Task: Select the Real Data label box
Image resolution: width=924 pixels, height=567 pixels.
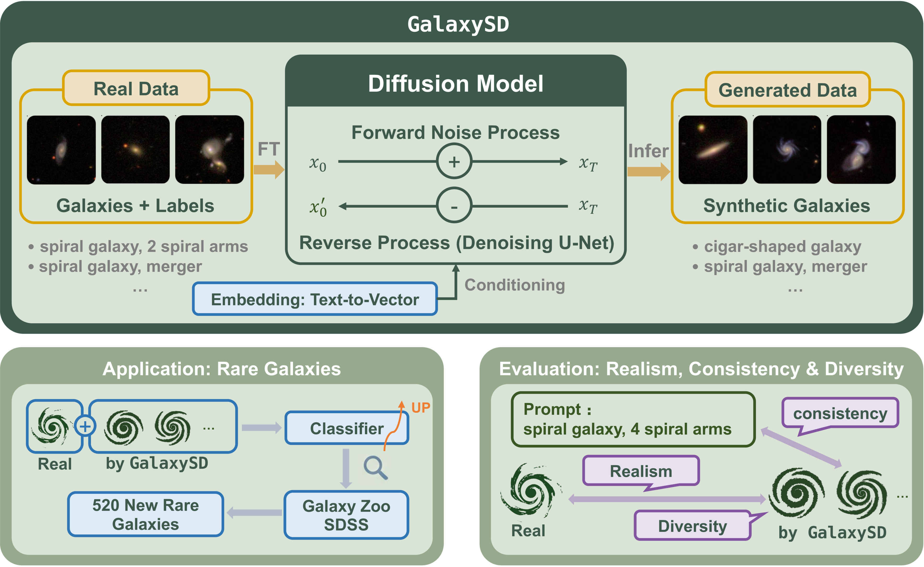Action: click(x=136, y=88)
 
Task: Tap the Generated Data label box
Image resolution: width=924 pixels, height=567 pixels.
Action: click(x=787, y=90)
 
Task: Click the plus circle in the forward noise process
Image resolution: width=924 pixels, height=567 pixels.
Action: click(x=454, y=162)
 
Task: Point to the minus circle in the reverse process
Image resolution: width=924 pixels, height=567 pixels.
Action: click(x=454, y=206)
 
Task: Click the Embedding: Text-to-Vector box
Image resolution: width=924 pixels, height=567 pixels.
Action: click(x=315, y=299)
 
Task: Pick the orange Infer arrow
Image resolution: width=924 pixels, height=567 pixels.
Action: click(x=648, y=172)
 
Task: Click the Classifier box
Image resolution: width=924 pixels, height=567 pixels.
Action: click(x=347, y=428)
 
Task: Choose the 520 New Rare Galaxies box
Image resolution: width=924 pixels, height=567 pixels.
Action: click(x=145, y=514)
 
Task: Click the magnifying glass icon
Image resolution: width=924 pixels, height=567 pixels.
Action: click(x=375, y=468)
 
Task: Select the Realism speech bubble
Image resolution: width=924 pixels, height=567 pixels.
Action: click(x=641, y=471)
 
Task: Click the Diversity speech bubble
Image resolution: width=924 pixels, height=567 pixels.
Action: click(x=692, y=526)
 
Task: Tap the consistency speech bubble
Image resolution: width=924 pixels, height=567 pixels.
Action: click(x=840, y=413)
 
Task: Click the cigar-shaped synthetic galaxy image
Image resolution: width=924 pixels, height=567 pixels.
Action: click(x=712, y=150)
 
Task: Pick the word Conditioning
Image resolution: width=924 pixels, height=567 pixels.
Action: click(x=514, y=285)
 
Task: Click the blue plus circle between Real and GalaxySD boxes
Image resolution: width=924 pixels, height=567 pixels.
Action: click(x=85, y=426)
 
